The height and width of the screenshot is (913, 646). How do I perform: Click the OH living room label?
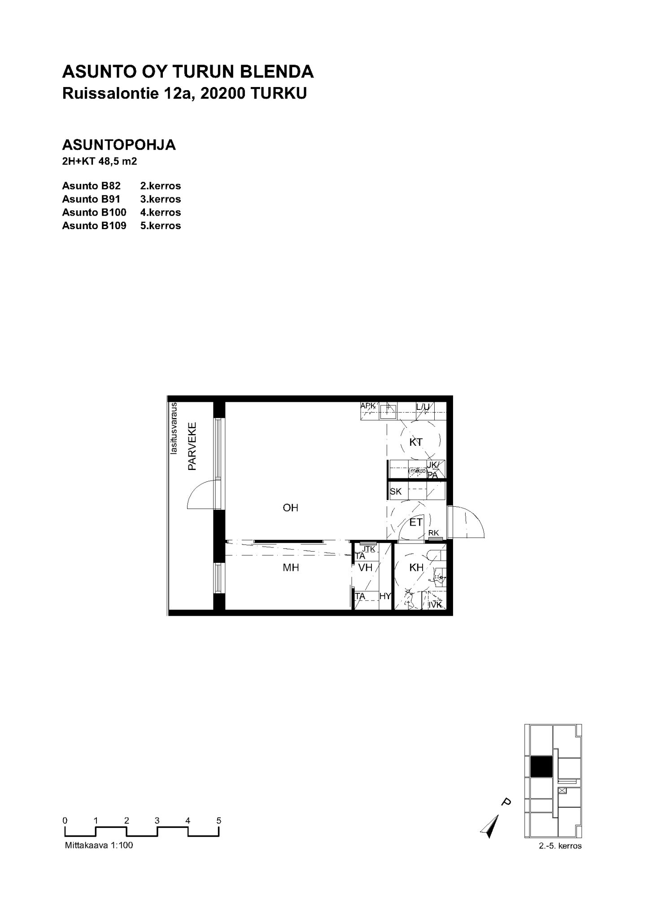point(291,508)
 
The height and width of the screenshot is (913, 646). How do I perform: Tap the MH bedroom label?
point(291,568)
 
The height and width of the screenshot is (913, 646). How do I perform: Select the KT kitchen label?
point(416,442)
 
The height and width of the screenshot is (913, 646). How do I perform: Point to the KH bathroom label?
point(417,567)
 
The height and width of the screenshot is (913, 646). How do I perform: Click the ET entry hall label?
point(416,522)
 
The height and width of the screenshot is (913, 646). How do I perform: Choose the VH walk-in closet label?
point(366,567)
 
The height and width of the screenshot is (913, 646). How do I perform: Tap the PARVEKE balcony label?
point(192,446)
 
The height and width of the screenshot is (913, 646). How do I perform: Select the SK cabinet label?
point(396,491)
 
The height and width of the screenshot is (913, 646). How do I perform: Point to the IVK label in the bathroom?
point(435,605)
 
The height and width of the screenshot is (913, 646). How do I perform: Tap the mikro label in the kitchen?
point(417,471)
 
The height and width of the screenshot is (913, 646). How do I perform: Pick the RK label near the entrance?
point(433,533)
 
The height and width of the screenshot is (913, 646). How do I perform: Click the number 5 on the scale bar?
point(219,821)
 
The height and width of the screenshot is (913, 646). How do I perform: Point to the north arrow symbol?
point(490,826)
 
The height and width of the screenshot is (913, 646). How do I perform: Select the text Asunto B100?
point(94,212)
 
